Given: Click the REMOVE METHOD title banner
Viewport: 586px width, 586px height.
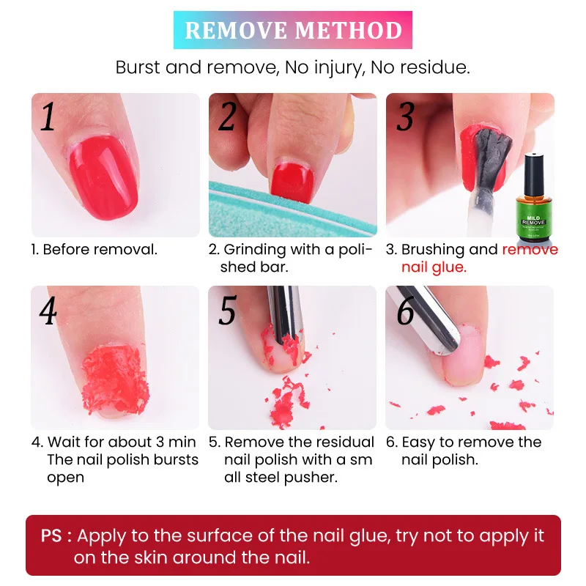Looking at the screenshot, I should pyautogui.click(x=293, y=30).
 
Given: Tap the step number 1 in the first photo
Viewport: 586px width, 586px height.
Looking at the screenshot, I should pyautogui.click(x=48, y=116).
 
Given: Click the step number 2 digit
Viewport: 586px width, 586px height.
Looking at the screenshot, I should pyautogui.click(x=227, y=116).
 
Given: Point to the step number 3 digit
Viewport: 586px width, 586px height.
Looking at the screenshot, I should pyautogui.click(x=404, y=116).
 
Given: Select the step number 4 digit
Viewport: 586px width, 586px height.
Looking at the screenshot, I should pyautogui.click(x=48, y=311).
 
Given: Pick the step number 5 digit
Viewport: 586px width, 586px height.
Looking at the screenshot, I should pyautogui.click(x=227, y=311).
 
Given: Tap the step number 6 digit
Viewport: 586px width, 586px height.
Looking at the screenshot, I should pyautogui.click(x=405, y=311).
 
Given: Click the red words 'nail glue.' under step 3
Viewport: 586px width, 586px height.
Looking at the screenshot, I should pyautogui.click(x=433, y=267).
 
